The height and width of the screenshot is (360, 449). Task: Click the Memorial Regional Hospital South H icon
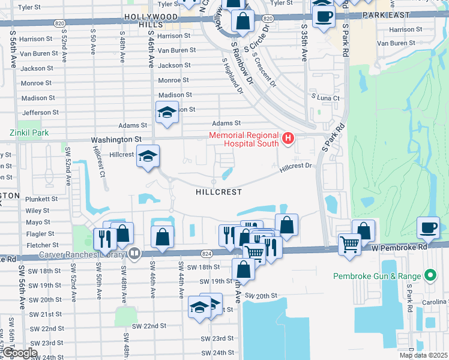(x=288, y=139)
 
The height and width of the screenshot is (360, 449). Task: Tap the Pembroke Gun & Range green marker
(x=430, y=276)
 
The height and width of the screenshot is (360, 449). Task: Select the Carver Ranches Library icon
(x=134, y=253)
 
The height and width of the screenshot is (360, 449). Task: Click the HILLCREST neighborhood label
(x=218, y=192)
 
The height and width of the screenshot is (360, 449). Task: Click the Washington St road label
(x=116, y=139)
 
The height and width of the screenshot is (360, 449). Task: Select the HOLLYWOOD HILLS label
(x=151, y=20)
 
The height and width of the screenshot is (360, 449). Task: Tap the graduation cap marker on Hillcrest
(x=147, y=157)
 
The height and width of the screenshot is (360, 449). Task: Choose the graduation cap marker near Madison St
(x=167, y=112)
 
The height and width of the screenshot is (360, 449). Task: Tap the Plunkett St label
(x=41, y=199)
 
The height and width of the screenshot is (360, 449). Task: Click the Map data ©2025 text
(x=423, y=355)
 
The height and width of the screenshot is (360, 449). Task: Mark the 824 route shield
(x=206, y=254)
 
